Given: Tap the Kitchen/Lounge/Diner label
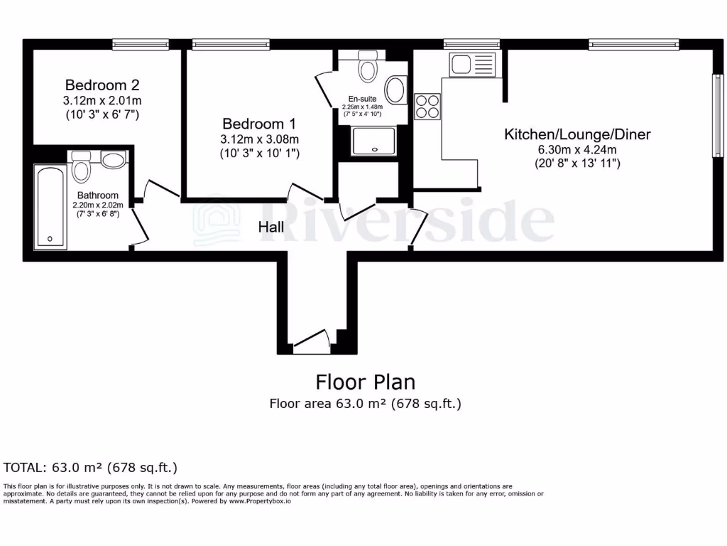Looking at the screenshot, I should click(x=577, y=134).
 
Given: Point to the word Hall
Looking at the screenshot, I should click(x=271, y=227).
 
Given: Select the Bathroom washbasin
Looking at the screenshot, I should click(x=114, y=160).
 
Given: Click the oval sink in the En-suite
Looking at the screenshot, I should click(x=395, y=91).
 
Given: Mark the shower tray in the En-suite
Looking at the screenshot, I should click(x=373, y=140).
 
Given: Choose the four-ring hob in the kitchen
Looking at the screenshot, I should click(x=427, y=107).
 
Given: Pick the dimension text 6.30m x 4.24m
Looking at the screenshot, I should click(x=577, y=149).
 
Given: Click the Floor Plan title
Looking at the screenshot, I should click(x=365, y=382).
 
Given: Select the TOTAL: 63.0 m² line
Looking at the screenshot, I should click(x=90, y=467).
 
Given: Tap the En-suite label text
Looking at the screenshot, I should click(x=363, y=99).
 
